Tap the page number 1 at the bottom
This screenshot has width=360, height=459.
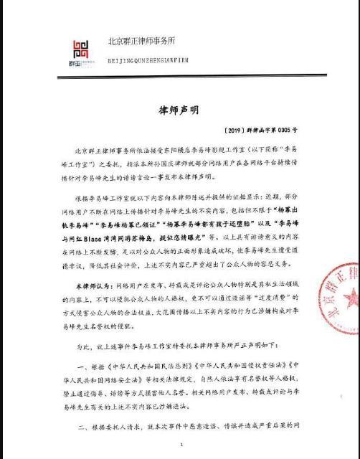point(181,445)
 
